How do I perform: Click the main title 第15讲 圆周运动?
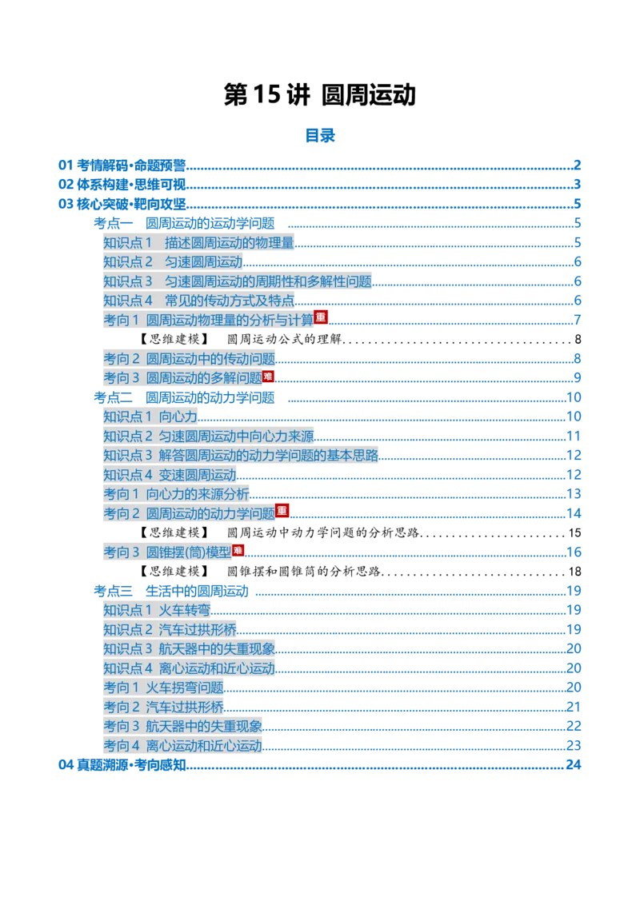(x=319, y=94)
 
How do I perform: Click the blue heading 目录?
(x=320, y=136)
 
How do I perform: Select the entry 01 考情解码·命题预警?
(x=122, y=165)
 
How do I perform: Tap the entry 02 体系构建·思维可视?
(x=122, y=185)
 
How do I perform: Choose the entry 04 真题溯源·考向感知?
(x=122, y=765)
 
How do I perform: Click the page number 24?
(x=573, y=765)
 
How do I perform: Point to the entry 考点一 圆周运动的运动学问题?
(x=184, y=223)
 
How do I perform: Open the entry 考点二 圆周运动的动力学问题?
(x=184, y=397)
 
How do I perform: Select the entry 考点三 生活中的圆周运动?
(x=171, y=591)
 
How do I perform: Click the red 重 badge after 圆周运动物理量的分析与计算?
(x=321, y=317)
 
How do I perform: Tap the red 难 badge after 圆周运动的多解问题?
(x=268, y=377)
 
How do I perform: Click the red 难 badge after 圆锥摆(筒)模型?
(x=238, y=551)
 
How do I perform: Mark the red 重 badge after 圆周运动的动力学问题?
(x=282, y=510)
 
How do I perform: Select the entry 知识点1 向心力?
(x=150, y=417)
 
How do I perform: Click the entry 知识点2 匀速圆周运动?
(x=173, y=262)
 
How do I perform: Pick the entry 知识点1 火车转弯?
(x=157, y=610)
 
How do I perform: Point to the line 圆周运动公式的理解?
(x=284, y=339)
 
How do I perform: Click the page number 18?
(x=574, y=572)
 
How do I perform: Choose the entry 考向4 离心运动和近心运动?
(x=182, y=746)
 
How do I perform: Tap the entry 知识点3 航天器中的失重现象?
(x=189, y=648)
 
